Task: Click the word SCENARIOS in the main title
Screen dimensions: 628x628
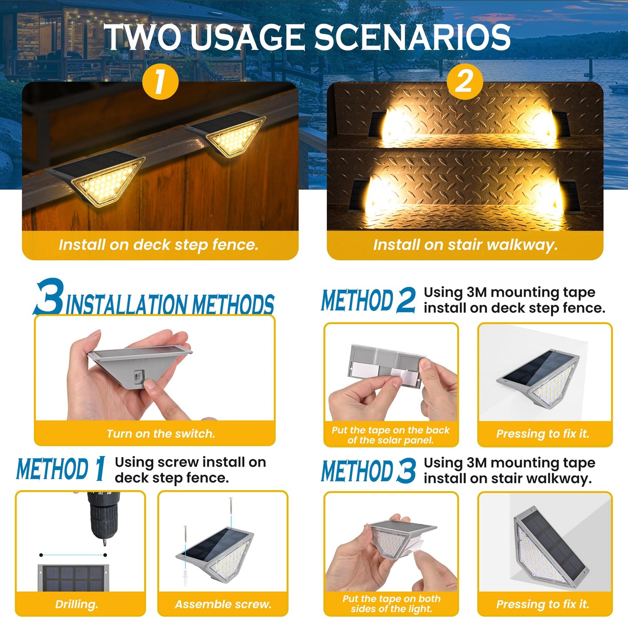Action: pos(412,37)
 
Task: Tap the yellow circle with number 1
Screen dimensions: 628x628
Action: pos(160,82)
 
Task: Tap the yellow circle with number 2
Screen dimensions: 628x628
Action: pos(465,81)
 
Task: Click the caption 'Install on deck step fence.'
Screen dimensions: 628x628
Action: pos(159,245)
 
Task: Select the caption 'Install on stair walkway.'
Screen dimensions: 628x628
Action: pos(465,245)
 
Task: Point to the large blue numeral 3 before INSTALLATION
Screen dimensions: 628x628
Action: pos(49,297)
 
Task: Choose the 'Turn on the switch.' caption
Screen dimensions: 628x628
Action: pos(161,434)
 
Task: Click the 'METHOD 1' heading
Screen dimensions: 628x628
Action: pos(61,469)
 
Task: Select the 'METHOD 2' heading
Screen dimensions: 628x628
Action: pos(368,301)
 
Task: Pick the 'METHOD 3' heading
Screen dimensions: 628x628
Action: pos(368,471)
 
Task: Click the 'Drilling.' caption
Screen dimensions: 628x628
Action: pos(76,604)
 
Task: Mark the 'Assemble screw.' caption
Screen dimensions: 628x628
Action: pos(223,604)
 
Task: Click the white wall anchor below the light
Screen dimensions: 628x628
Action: pos(186,578)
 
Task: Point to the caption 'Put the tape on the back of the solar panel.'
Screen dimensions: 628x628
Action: pos(391,435)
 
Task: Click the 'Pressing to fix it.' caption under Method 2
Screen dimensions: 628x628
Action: pos(543,434)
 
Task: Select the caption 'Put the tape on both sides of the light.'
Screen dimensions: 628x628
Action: pos(391,604)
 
